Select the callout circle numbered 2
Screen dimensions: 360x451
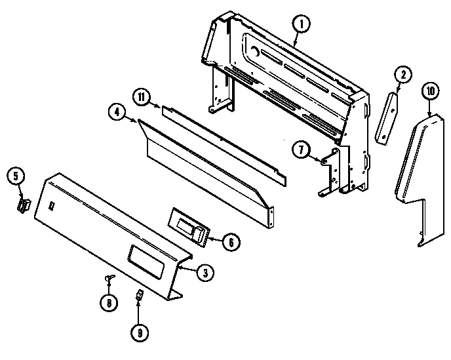[403, 74]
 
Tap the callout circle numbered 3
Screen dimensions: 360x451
[205, 274]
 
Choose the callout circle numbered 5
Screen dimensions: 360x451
[16, 176]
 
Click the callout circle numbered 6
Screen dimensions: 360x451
[231, 241]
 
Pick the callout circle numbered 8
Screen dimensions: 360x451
[108, 303]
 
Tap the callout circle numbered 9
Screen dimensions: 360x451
[139, 332]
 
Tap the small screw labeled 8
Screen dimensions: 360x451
[108, 281]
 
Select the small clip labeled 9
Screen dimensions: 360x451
[139, 297]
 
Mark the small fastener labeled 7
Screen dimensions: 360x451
[323, 159]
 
